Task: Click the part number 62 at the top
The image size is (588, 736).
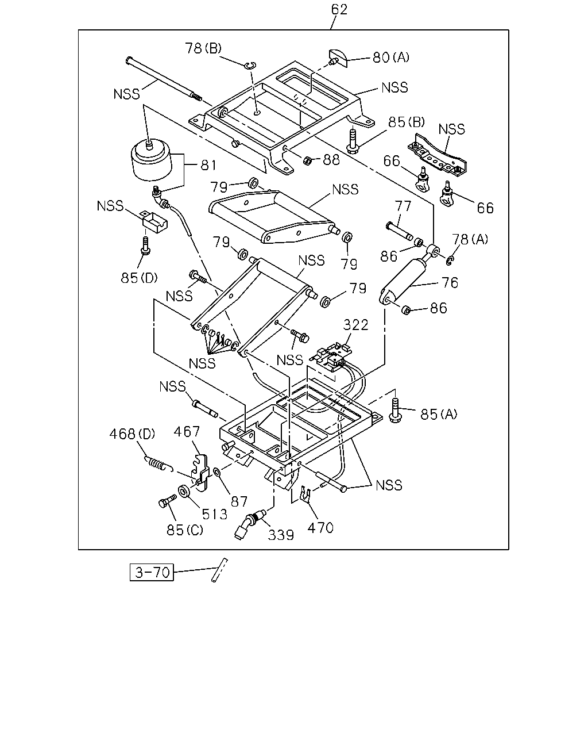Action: coord(339,9)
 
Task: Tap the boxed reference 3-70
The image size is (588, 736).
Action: coord(152,572)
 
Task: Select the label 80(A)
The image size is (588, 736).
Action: coord(391,57)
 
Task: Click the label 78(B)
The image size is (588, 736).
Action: coord(203,48)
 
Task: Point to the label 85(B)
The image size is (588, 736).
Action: coord(406,122)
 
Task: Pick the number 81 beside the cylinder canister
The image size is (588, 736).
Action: coord(208,165)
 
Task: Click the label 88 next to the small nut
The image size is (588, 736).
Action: coord(331,160)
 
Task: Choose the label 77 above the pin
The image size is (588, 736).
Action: coord(403,206)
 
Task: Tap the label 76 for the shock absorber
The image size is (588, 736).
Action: coord(450,282)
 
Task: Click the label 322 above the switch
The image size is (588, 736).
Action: coord(355,325)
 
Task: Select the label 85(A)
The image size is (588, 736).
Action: coord(439,414)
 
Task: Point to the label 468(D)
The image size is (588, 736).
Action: coord(132,434)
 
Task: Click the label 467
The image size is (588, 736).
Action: coord(187,432)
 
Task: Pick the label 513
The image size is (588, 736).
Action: coord(214,514)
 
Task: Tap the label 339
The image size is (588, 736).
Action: coord(281,535)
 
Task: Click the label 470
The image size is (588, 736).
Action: coord(320,528)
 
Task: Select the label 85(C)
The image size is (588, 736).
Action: coord(185,530)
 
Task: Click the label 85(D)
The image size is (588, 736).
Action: coord(139,278)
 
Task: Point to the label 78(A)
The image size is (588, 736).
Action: coord(470,239)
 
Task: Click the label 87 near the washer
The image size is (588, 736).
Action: coord(239,502)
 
